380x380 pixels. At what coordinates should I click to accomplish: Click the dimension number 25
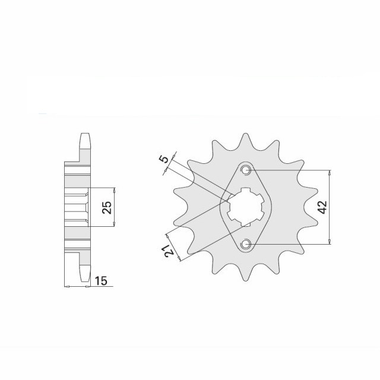(107, 207)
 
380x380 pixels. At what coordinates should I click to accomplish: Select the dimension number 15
(101, 281)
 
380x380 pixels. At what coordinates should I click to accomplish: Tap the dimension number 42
(322, 207)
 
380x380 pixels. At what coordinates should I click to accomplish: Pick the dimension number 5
(164, 160)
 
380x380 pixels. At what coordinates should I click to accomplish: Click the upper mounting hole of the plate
(246, 170)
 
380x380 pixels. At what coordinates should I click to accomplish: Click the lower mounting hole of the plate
(246, 244)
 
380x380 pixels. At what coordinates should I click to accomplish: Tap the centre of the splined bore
(246, 207)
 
